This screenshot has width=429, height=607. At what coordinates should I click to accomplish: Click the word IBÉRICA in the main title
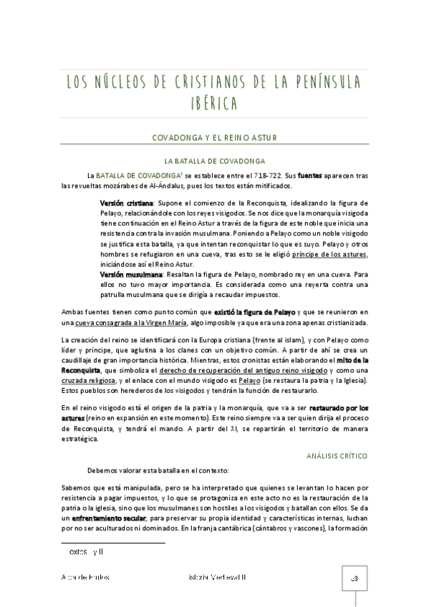(214, 104)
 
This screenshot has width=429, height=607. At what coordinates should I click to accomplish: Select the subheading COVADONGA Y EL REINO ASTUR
(214, 137)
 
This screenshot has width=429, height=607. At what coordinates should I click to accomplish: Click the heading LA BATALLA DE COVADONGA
(214, 160)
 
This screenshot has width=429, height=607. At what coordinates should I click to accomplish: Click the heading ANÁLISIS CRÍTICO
(337, 455)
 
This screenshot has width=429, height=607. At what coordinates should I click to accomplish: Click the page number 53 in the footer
(355, 577)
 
